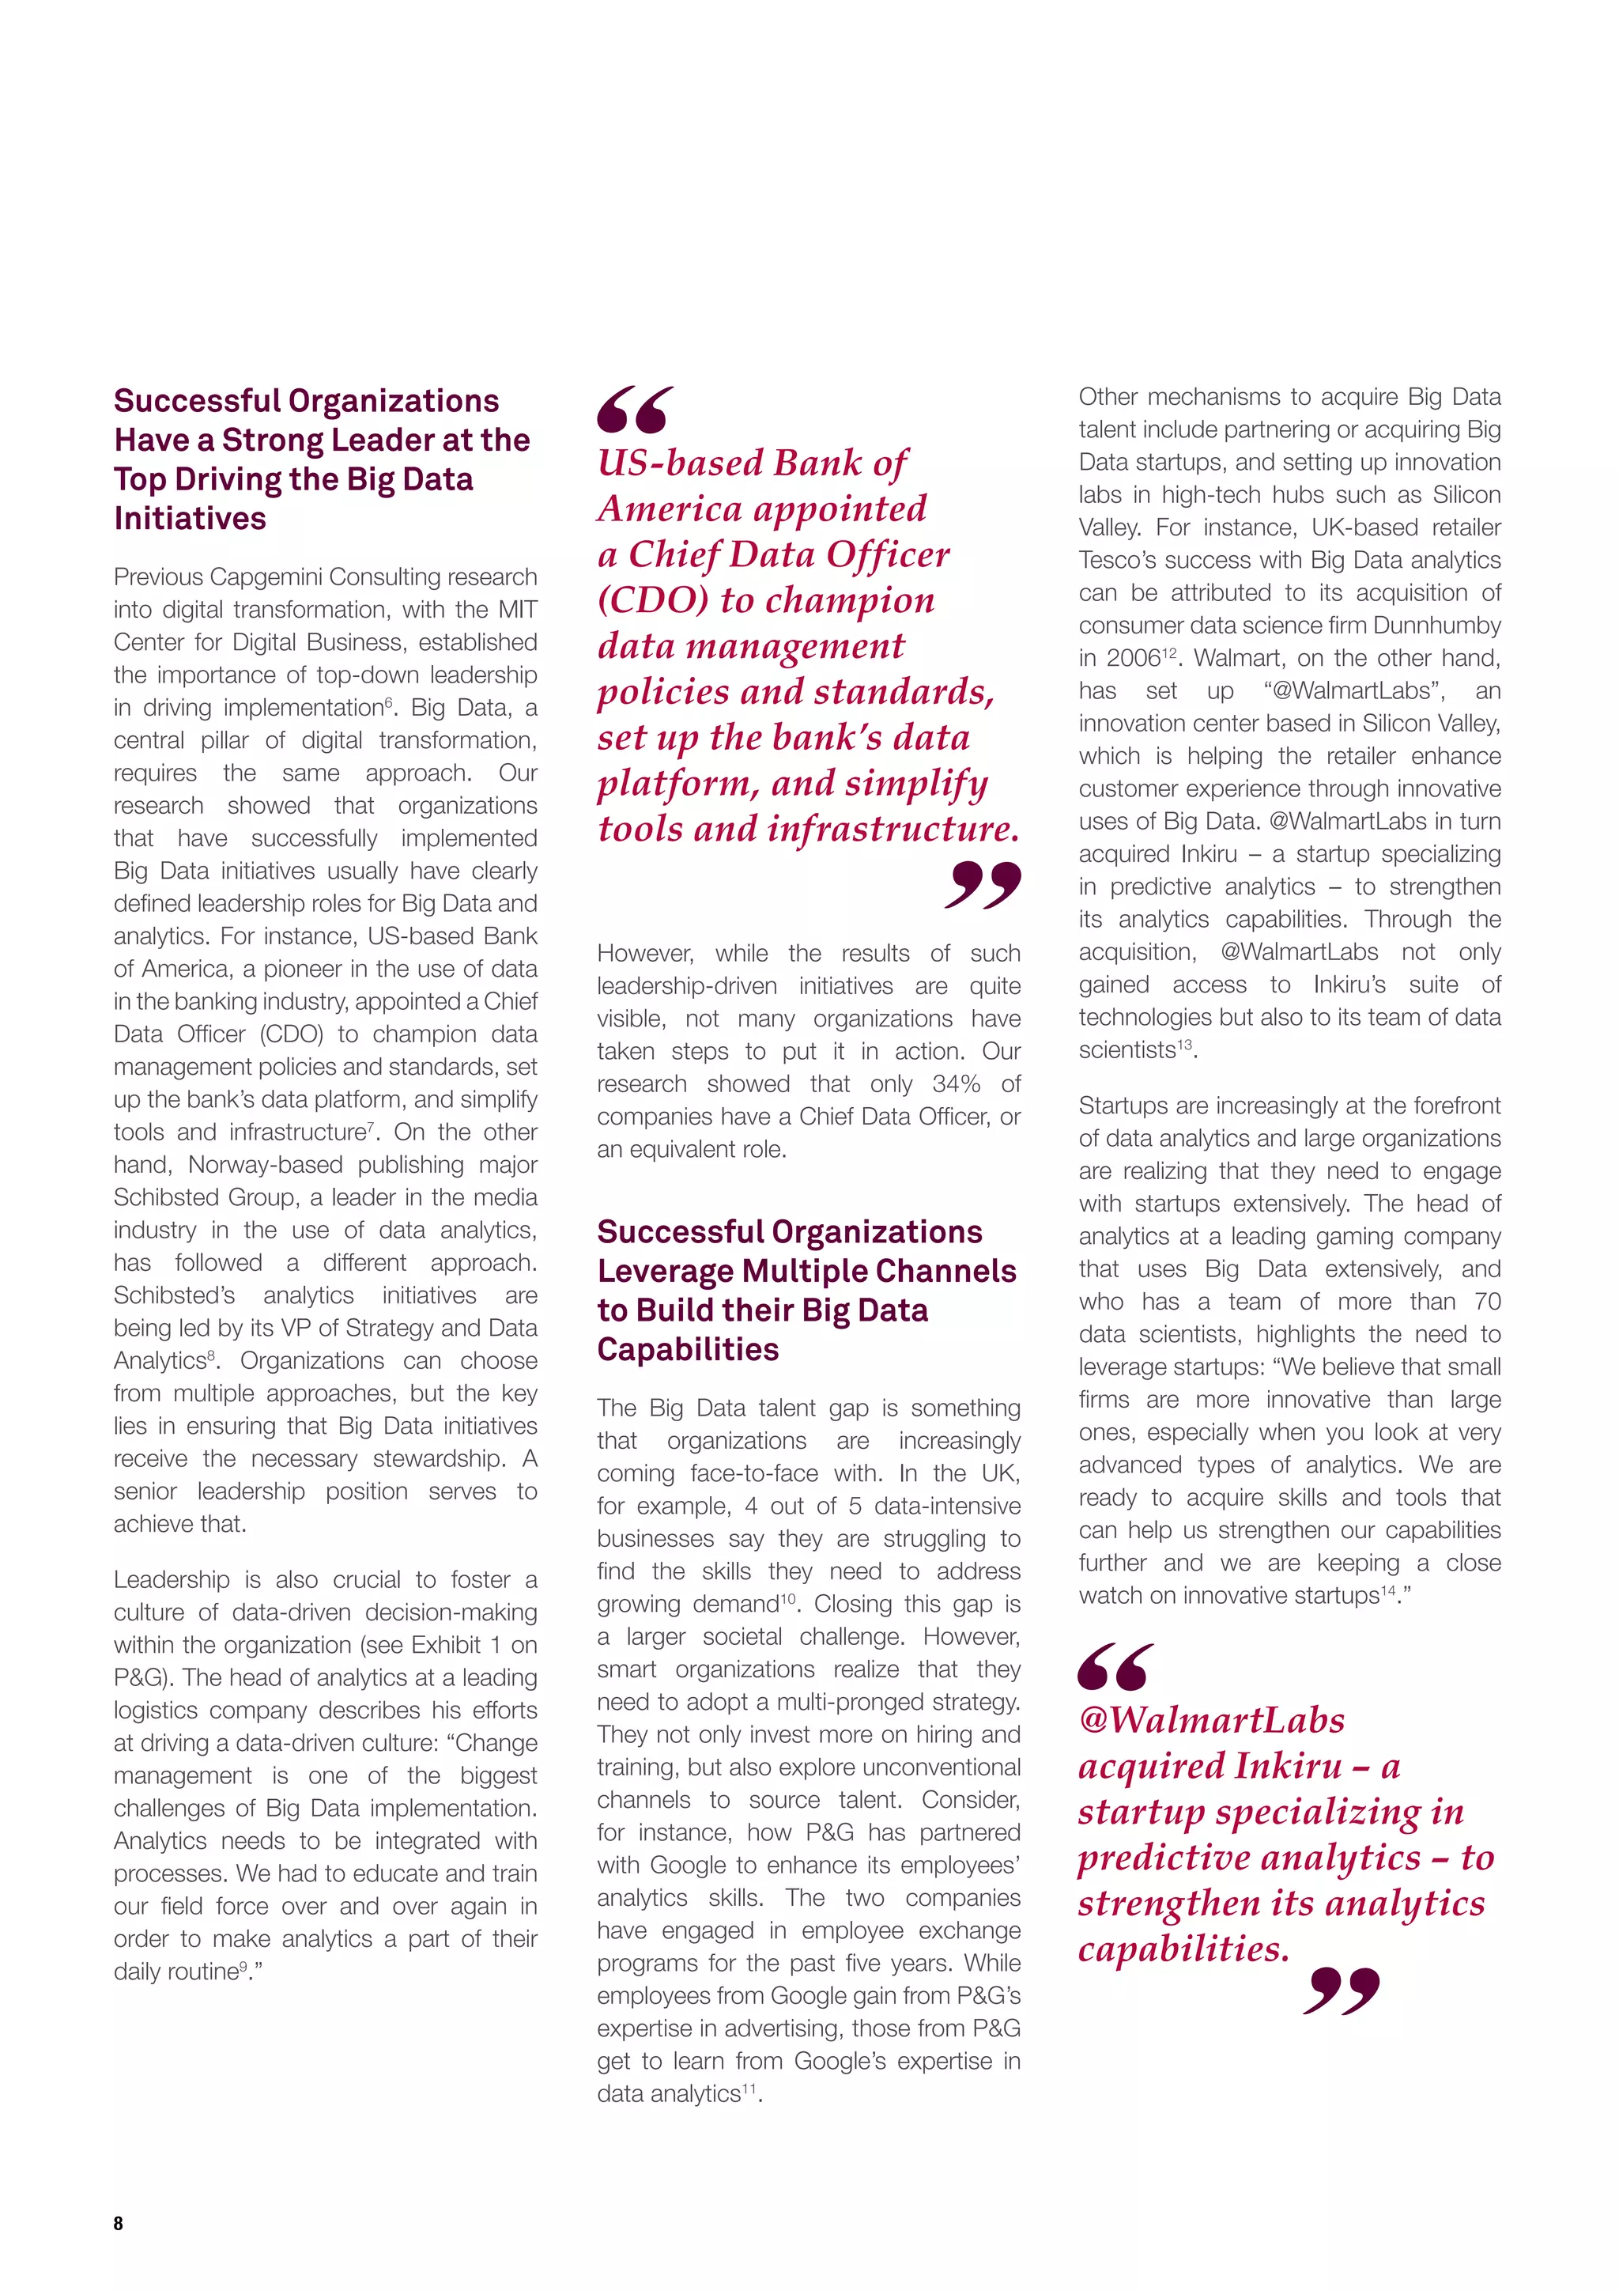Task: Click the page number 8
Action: [x=119, y=2222]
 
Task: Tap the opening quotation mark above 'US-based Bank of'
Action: [x=636, y=410]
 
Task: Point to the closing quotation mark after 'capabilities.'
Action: [x=1342, y=1990]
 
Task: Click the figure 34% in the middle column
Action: [x=956, y=1083]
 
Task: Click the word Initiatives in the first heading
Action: [x=190, y=519]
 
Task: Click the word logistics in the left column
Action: [x=153, y=1711]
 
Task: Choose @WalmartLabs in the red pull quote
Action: [x=1211, y=1720]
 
